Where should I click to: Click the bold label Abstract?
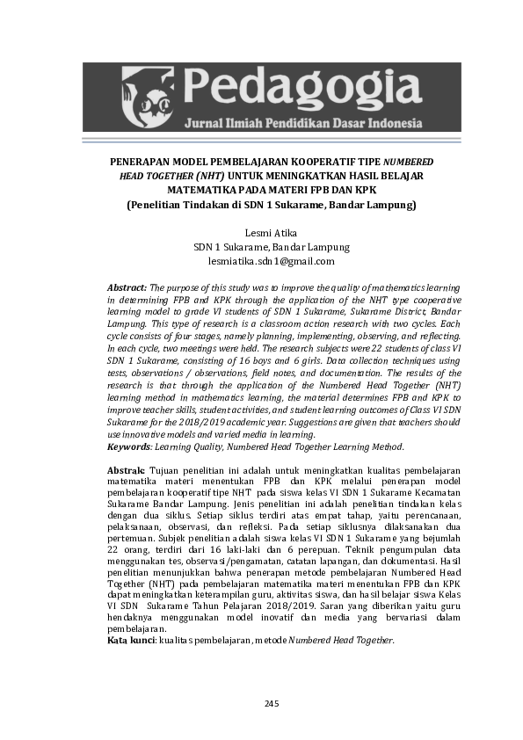pos(127,287)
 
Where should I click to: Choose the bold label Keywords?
pos(128,446)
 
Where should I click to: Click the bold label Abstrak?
pos(127,471)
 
